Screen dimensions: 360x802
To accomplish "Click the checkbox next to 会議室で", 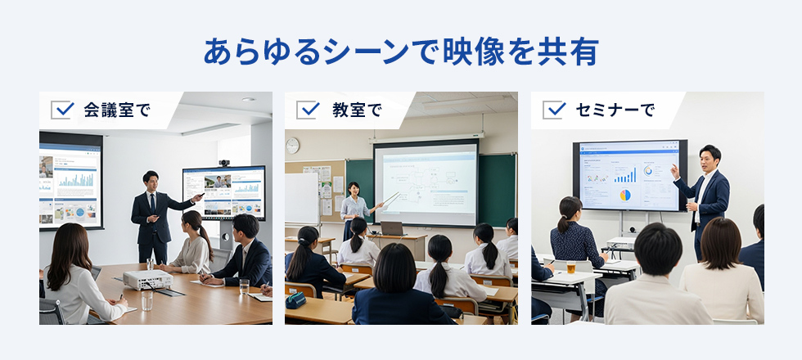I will [62, 110].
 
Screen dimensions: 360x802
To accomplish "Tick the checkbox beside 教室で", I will [308, 110].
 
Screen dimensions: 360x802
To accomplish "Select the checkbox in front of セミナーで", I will [554, 110].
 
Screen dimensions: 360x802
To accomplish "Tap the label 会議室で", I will [117, 110].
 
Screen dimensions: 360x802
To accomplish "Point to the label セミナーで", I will [615, 110].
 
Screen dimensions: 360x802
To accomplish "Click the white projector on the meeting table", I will [147, 280].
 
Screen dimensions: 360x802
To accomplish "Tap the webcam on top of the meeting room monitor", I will [224, 163].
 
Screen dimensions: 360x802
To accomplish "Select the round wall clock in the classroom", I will [292, 146].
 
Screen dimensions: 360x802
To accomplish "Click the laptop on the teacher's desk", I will [392, 228].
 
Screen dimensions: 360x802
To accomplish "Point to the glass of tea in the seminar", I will [571, 267].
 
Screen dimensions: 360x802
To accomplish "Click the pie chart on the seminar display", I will [625, 196].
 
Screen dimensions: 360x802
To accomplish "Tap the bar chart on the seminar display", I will [624, 175].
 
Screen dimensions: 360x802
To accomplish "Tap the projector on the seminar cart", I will [620, 243].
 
